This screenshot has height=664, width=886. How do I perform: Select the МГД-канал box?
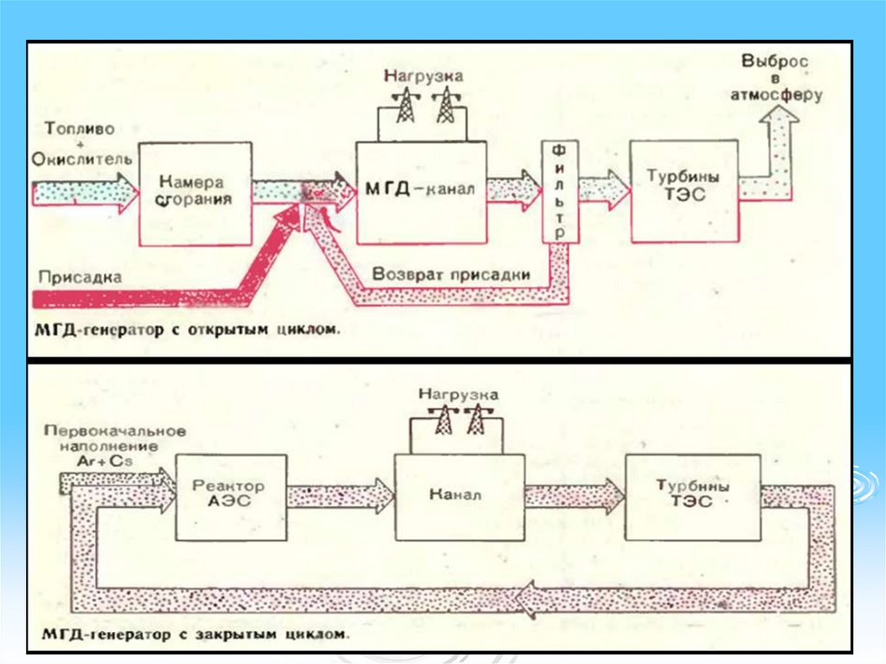pos(421,193)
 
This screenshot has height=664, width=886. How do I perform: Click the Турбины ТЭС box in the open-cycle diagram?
pos(684,190)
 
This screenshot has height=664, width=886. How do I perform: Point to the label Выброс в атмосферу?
pos(776,79)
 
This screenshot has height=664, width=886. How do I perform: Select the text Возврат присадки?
pos(451,274)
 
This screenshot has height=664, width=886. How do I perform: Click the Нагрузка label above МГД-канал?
pos(423,76)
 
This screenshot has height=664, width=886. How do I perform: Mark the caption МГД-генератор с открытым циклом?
pos(187,330)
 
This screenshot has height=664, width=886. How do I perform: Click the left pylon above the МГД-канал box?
pos(404,106)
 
